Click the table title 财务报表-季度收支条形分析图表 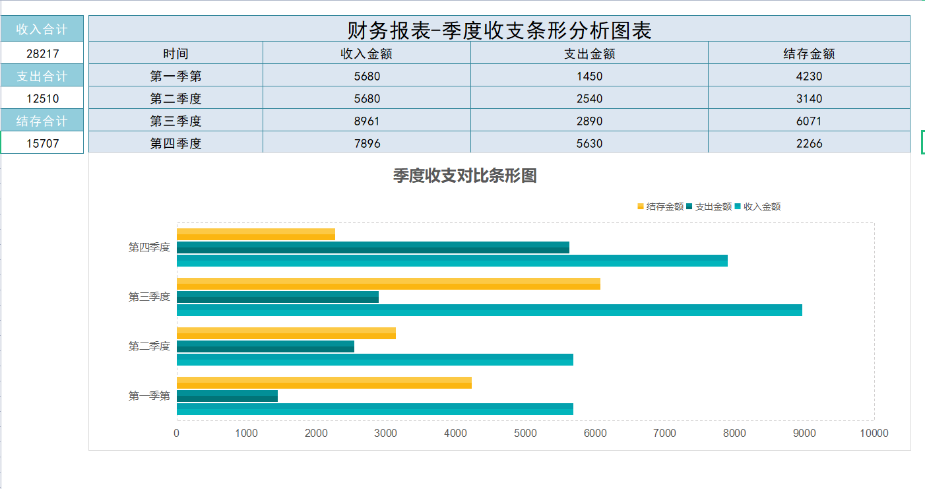499,30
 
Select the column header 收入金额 366,53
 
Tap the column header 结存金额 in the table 809,53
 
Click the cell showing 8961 366,121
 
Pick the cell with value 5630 589,143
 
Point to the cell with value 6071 809,121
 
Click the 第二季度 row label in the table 175,98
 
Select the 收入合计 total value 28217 42,53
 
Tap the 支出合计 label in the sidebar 42,76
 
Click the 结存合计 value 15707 42,143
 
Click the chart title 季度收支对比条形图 464,176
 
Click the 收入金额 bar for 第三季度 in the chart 489,310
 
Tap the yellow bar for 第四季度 256,234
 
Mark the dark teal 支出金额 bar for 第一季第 227,396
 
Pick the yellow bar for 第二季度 286,333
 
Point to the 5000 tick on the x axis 525,434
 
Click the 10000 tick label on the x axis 874,434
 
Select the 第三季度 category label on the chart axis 149,297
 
